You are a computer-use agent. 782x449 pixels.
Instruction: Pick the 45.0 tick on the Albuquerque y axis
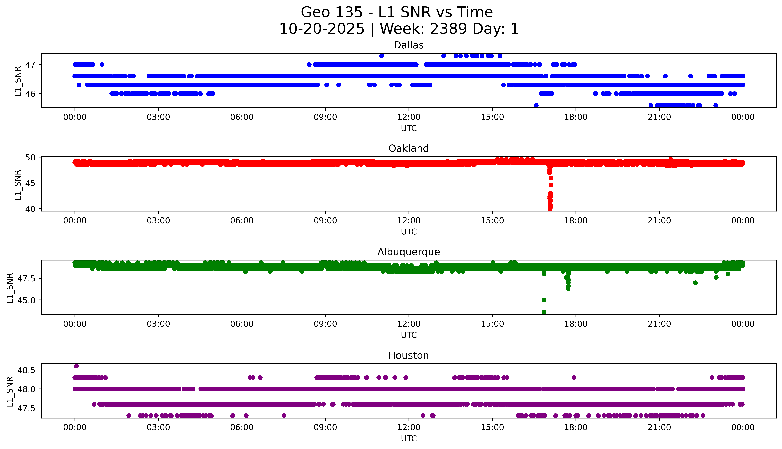click(x=27, y=300)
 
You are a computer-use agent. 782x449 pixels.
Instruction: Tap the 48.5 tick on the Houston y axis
click(x=27, y=370)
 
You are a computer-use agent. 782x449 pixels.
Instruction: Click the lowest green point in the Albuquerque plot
click(x=544, y=312)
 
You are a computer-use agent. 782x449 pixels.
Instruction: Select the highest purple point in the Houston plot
click(x=76, y=366)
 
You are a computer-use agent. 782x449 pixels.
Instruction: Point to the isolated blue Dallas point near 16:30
click(x=536, y=105)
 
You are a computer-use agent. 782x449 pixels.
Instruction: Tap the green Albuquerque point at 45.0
click(x=544, y=300)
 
